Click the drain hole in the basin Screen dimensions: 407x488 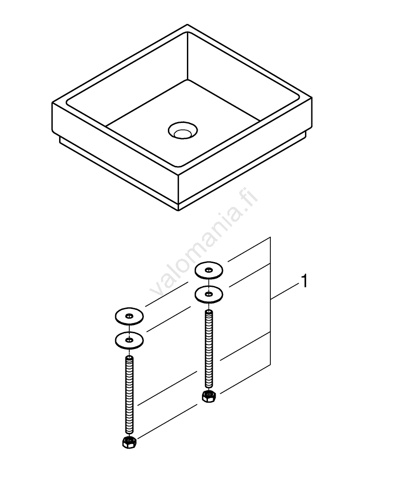tap(183, 130)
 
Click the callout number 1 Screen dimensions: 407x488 tap(305, 281)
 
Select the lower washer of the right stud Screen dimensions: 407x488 tap(209, 294)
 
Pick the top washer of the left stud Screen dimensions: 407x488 tap(129, 317)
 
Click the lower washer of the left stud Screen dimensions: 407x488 tap(129, 340)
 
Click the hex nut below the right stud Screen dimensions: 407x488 tap(208, 396)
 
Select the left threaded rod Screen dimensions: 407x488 tap(129, 395)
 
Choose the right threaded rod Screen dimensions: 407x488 tap(208, 350)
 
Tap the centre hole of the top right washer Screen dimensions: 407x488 tap(209, 270)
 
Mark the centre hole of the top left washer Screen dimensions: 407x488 tap(129, 317)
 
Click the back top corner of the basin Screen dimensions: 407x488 tap(187, 24)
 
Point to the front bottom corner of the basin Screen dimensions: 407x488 tap(178, 211)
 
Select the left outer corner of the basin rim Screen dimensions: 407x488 tap(52, 102)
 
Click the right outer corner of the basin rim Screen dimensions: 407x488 tap(312, 99)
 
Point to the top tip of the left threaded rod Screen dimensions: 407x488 tap(129, 357)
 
